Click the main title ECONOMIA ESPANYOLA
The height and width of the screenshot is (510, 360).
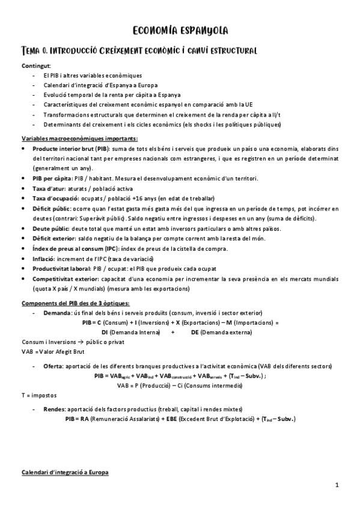pos(180,31)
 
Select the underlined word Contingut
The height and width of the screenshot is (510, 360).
pos(36,65)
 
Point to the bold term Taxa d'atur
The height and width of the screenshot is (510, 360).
pos(49,189)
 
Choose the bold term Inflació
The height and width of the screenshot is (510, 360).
pos(43,258)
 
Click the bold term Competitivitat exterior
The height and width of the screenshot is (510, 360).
pos(66,278)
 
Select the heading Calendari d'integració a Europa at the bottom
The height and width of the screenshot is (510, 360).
pos(65,473)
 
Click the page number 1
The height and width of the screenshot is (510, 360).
pos(337,485)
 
